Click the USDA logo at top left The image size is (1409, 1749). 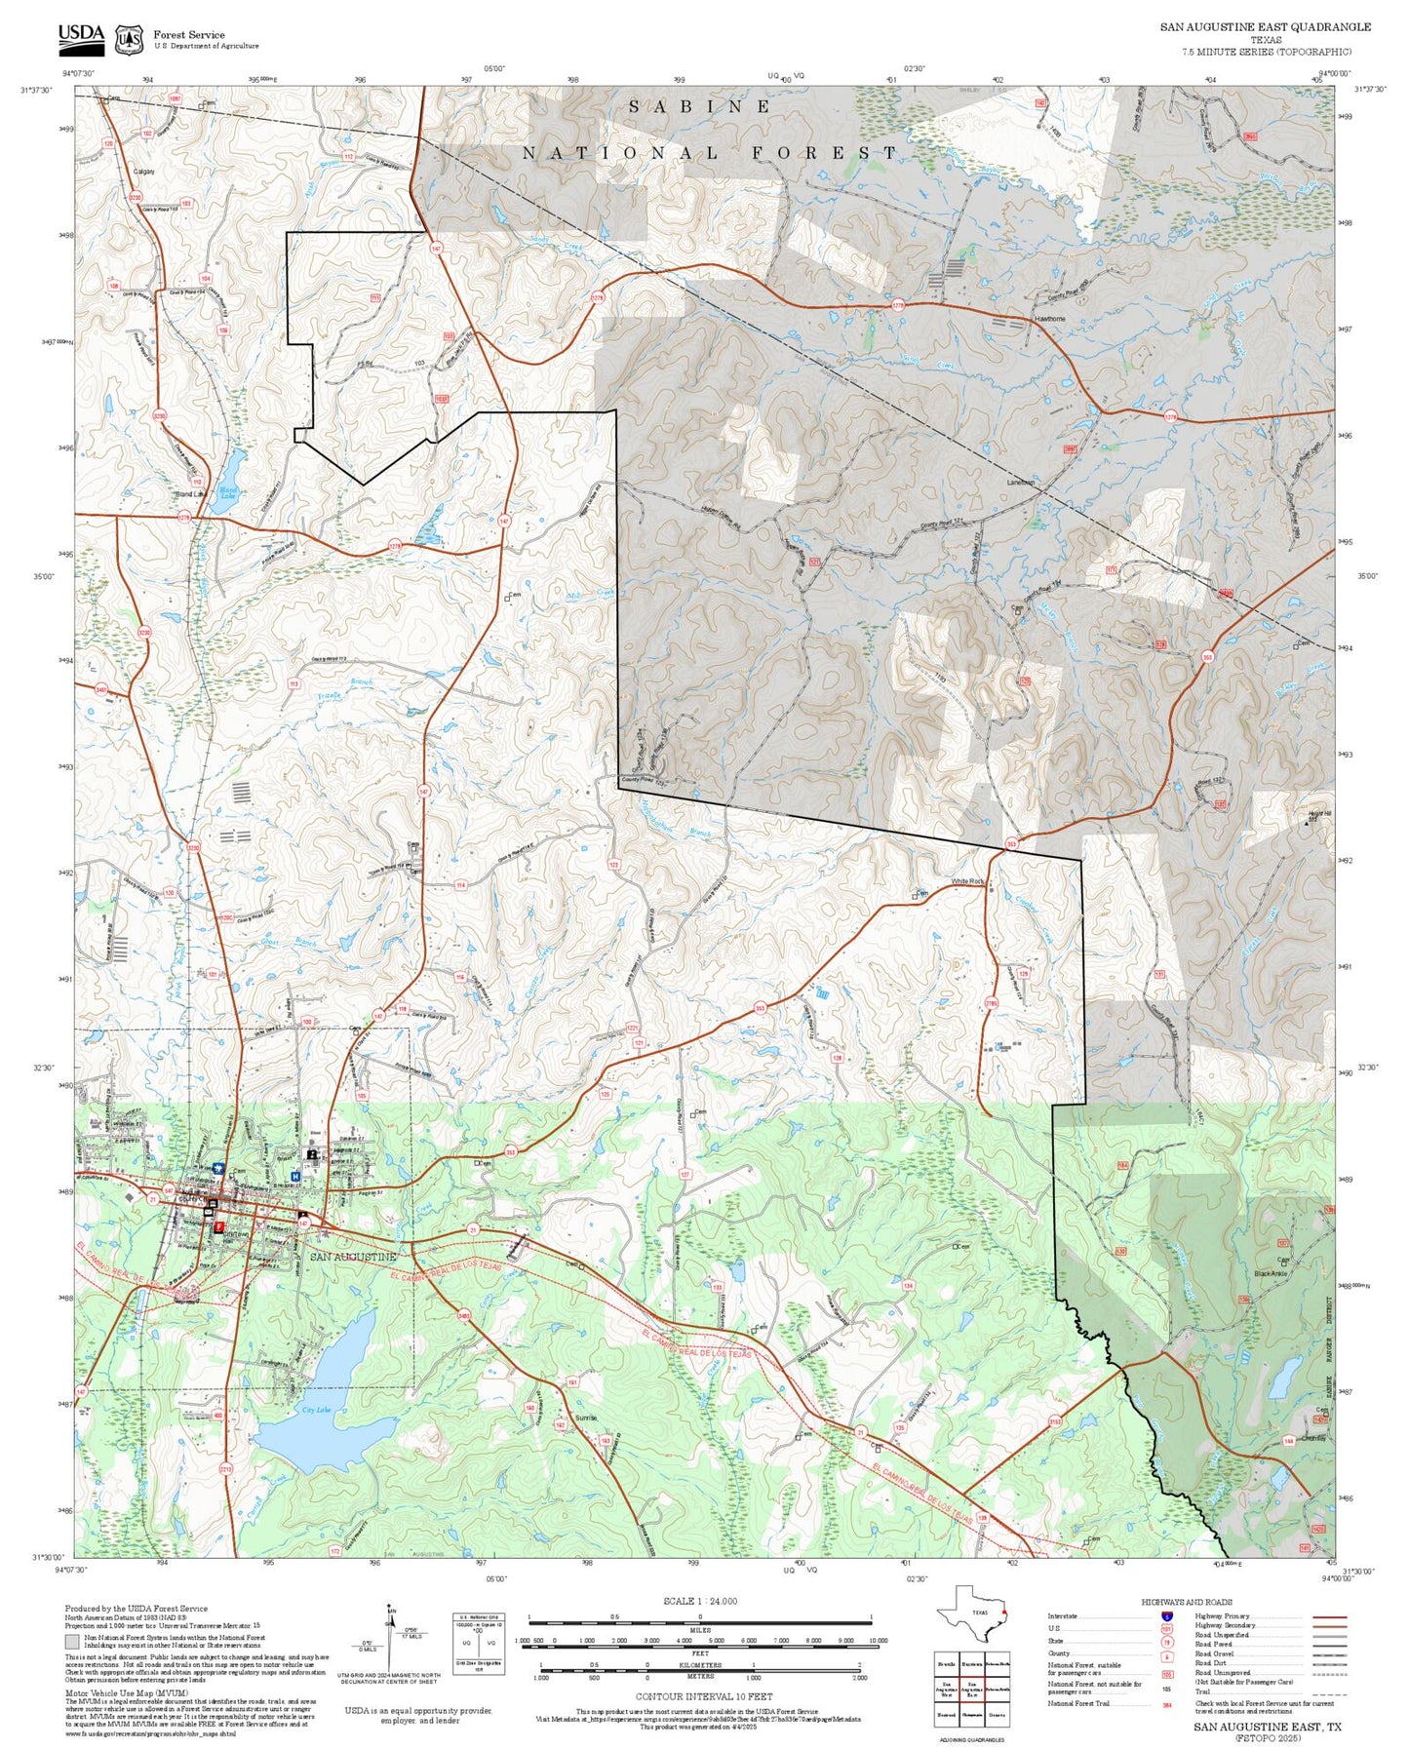click(81, 37)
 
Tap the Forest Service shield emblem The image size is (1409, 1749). click(128, 40)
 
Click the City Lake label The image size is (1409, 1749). click(316, 1410)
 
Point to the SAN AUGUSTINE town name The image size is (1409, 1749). click(353, 1257)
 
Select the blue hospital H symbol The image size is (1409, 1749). click(295, 1176)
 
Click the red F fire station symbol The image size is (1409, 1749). click(219, 1225)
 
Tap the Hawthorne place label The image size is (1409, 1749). click(1049, 319)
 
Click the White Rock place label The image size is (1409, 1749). click(968, 881)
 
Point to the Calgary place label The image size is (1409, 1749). click(143, 172)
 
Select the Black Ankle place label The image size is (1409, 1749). click(1271, 1273)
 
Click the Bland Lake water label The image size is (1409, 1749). click(227, 493)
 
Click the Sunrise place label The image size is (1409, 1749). click(586, 1418)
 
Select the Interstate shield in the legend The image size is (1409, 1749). click(1166, 1616)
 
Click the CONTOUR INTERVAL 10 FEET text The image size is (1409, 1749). click(703, 1696)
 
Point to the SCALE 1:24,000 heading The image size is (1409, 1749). click(699, 1601)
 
